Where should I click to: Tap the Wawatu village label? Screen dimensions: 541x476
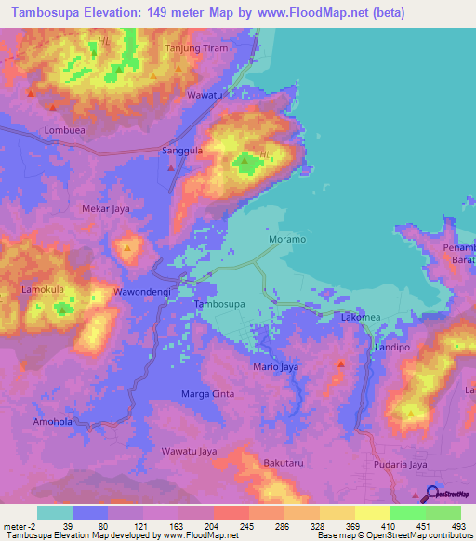point(205,96)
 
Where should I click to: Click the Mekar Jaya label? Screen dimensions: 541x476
point(106,209)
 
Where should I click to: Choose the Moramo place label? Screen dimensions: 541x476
point(287,239)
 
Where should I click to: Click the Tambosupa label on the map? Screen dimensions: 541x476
point(219,304)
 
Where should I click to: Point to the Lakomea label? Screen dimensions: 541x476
point(361,318)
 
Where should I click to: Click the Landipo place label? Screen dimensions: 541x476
point(392,347)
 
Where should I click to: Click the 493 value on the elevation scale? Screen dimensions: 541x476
point(457,526)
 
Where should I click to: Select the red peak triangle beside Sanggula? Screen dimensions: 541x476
point(173,168)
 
